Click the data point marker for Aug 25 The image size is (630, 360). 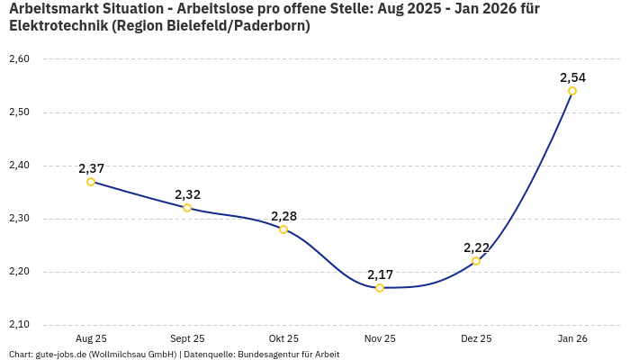[x=91, y=182]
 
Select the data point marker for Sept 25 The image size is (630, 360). [x=187, y=208]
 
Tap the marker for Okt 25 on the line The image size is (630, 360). [x=283, y=229]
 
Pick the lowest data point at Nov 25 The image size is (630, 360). [x=380, y=288]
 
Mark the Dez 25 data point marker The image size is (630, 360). [x=476, y=261]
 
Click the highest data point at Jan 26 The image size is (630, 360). [x=572, y=91]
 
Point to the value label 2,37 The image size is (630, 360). [x=91, y=168]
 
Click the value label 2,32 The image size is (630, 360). [x=187, y=194]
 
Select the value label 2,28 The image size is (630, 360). [x=283, y=216]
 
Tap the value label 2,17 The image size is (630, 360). [x=380, y=274]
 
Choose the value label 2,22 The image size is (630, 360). [x=476, y=247]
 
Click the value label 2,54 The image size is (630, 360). [x=572, y=77]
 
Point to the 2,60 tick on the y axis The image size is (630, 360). [x=19, y=59]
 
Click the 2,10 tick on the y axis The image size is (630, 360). [x=19, y=325]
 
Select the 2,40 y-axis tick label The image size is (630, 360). [x=19, y=166]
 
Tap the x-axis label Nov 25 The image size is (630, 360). [x=380, y=338]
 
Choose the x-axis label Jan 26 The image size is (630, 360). [x=572, y=338]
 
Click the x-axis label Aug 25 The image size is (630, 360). [x=91, y=338]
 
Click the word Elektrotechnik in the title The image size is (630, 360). [x=56, y=26]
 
